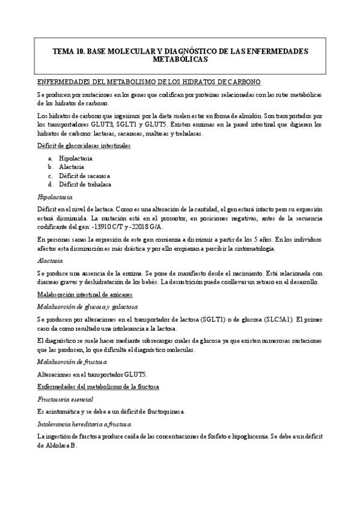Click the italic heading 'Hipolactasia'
click(55, 197)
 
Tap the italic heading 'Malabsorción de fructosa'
click(72, 361)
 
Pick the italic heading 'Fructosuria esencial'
click(65, 399)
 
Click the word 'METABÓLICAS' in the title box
click(180, 60)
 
